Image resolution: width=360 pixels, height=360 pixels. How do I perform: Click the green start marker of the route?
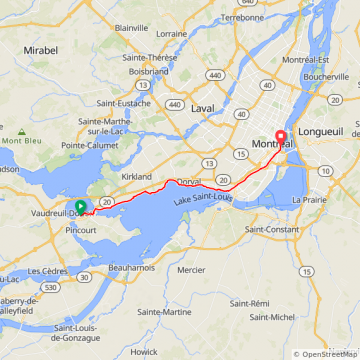tap(80, 207)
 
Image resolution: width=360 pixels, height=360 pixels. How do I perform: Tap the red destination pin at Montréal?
tap(280, 140)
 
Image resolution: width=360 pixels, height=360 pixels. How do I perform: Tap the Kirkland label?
tap(136, 175)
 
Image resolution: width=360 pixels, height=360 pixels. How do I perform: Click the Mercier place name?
tap(190, 269)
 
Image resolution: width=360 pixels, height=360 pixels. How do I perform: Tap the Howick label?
tap(144, 351)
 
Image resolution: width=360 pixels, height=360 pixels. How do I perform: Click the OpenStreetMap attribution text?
tap(326, 354)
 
